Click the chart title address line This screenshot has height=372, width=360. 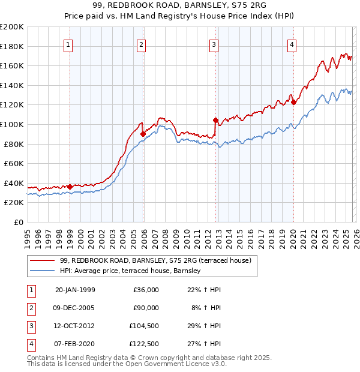pyautogui.click(x=179, y=5)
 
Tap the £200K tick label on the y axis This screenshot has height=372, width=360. pyautogui.click(x=12, y=27)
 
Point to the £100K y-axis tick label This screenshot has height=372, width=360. pyautogui.click(x=12, y=124)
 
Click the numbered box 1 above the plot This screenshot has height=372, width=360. pyautogui.click(x=69, y=44)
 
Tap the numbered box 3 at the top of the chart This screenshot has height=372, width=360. pyautogui.click(x=214, y=44)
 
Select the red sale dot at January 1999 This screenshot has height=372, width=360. pyautogui.click(x=70, y=187)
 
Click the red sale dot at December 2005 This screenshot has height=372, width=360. pyautogui.click(x=143, y=134)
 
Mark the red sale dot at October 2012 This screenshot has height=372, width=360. pyautogui.click(x=215, y=120)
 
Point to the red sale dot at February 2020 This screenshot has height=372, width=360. pyautogui.click(x=293, y=103)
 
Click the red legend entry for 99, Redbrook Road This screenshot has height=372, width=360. pyautogui.click(x=158, y=260)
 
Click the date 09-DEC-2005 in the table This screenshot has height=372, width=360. pyautogui.click(x=75, y=308)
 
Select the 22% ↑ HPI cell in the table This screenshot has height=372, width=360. pyautogui.click(x=205, y=290)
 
